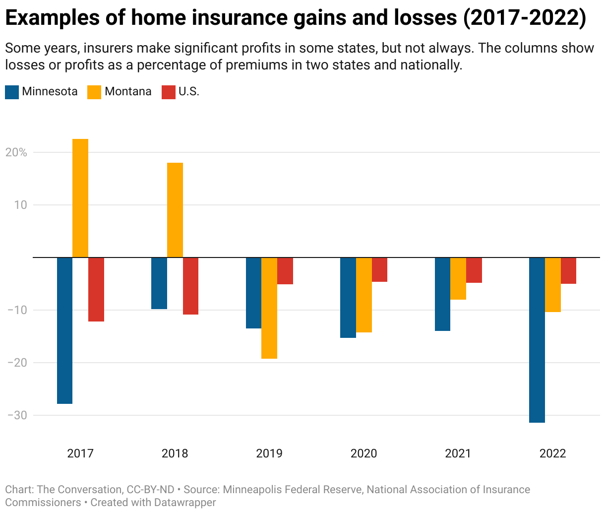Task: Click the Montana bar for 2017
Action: (80, 198)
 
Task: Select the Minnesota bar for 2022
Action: (537, 340)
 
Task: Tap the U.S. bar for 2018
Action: (190, 286)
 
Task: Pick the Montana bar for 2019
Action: (269, 308)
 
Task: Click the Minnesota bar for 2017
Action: (64, 330)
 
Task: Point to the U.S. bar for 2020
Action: (379, 269)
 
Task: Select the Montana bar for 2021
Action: (458, 278)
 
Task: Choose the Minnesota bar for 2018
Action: (159, 283)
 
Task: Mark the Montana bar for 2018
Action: (175, 210)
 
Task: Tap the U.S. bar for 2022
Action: (568, 270)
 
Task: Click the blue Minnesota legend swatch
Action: (12, 92)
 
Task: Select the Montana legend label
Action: (128, 92)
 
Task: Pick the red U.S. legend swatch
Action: (169, 92)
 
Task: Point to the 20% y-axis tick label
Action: (16, 152)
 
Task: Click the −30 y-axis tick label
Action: (16, 415)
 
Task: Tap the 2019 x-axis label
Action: (269, 453)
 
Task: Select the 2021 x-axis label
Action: (458, 453)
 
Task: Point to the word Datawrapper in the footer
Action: (185, 503)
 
